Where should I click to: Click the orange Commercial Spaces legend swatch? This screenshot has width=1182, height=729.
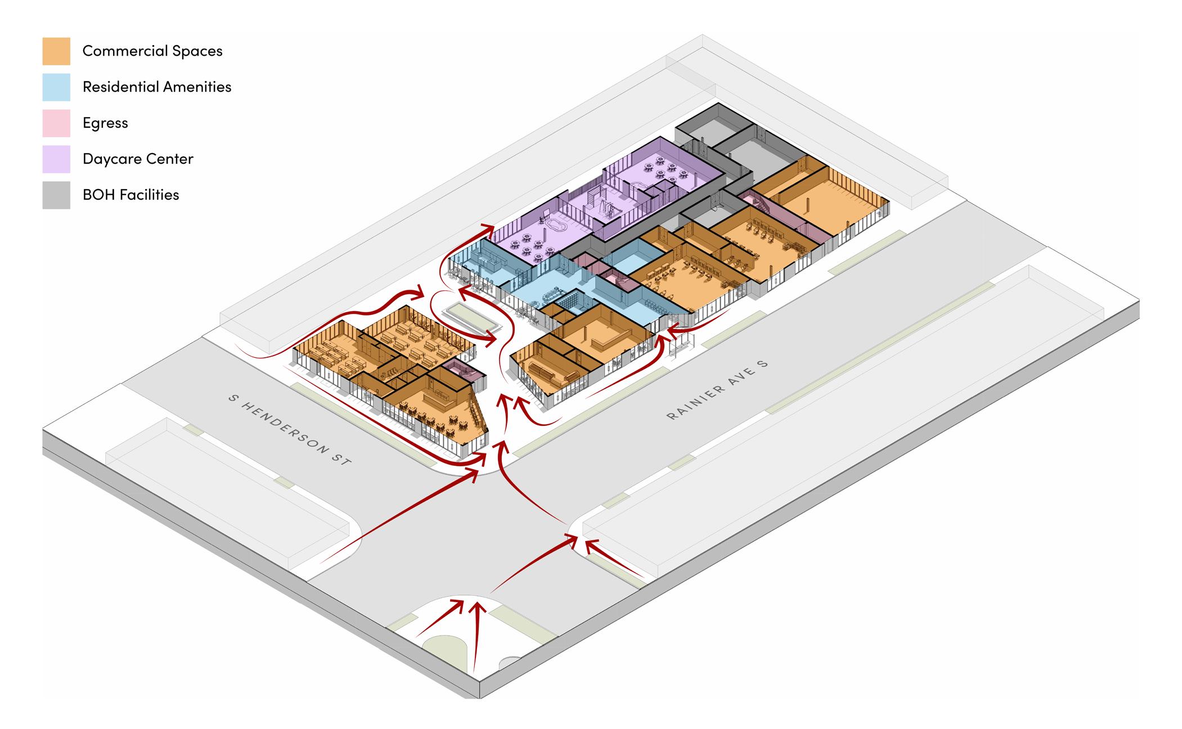(x=56, y=51)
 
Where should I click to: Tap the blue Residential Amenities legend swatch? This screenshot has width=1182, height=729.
(x=56, y=87)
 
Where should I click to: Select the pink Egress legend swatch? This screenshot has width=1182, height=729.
(x=56, y=123)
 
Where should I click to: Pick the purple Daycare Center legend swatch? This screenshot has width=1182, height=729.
(x=56, y=159)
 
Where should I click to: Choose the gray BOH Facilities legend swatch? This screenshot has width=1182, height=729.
(x=56, y=195)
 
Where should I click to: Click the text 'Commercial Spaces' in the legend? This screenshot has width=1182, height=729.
(x=152, y=51)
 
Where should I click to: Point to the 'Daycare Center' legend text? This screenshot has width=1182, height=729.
(x=138, y=159)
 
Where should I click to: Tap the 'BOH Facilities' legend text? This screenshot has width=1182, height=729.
(x=131, y=195)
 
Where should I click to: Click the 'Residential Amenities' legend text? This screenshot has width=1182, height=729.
(x=157, y=87)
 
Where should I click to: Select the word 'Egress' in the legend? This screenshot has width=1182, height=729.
(x=105, y=123)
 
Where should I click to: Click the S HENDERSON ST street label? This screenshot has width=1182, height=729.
(x=290, y=429)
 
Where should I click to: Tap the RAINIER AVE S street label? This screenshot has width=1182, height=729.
(x=717, y=390)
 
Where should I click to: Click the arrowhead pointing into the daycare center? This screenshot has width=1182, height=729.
(x=488, y=229)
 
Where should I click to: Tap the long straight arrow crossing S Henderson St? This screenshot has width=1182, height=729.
(x=399, y=517)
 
